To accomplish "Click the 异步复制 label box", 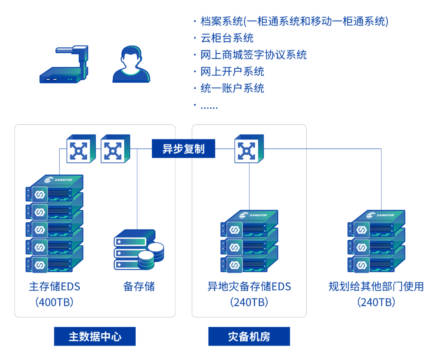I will coord(183,149).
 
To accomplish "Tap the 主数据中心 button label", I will coord(95,337).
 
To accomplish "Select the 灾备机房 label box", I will coord(249,337).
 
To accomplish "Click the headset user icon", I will coord(131,65).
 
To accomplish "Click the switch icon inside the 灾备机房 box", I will coord(249,149).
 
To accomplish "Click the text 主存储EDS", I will coord(54,287).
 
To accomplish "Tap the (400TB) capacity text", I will coord(54,302).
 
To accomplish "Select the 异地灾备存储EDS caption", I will coord(249,287).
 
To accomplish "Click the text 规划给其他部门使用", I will coord(376,287).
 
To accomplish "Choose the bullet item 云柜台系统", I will coord(227,38).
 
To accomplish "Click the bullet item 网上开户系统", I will coord(232,72).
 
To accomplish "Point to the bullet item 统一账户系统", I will coord(232,88).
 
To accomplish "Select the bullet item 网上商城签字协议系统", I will coord(254,55).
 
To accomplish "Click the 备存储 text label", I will coord(139,287).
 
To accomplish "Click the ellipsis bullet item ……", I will coord(209,106).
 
